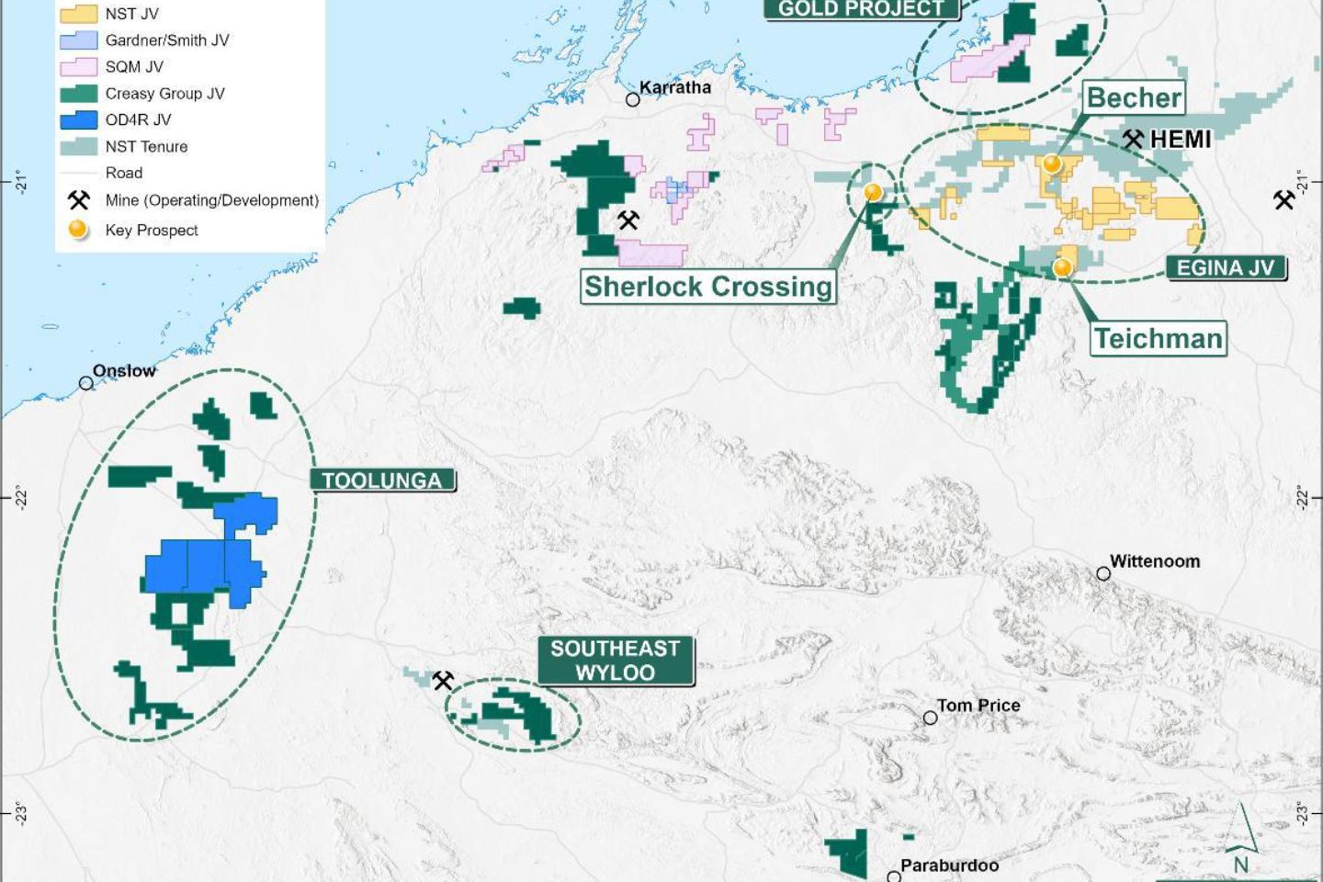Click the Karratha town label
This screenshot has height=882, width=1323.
click(x=675, y=87)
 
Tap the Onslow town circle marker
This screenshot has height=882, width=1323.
click(x=86, y=383)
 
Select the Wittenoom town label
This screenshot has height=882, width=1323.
click(x=1155, y=561)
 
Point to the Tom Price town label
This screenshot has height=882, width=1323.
click(x=978, y=706)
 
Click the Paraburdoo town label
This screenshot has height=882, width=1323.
click(x=949, y=865)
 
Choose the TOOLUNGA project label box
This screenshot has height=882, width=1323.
click(x=382, y=481)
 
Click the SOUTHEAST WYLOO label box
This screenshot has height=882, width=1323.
click(x=616, y=661)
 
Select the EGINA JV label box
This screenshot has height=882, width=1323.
click(x=1226, y=268)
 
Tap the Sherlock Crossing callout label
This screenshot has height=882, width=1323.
click(x=707, y=287)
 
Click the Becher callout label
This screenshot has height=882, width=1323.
click(x=1134, y=97)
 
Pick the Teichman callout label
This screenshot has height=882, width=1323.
click(x=1159, y=339)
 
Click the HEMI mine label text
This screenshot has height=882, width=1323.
click(x=1181, y=140)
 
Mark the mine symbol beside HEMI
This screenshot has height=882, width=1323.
click(x=1133, y=140)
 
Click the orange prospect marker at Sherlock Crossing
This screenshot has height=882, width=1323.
click(x=873, y=192)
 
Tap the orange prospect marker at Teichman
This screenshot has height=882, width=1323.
click(x=1062, y=267)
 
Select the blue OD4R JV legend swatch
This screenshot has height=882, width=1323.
click(x=78, y=120)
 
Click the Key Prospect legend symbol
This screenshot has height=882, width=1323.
click(x=78, y=230)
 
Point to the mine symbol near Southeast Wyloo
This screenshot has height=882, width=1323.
click(x=443, y=681)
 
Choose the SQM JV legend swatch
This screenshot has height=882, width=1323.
click(x=78, y=67)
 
